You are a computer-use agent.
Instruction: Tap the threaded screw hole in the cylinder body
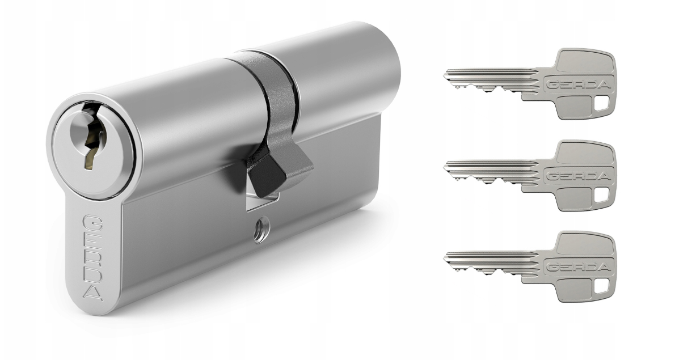pos(261,229)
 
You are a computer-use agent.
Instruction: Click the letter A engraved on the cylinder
pos(93,293)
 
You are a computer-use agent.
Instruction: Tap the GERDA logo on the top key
pos(578,84)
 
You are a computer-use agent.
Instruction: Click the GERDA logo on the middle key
pos(578,176)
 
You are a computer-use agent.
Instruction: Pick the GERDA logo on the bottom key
pos(578,267)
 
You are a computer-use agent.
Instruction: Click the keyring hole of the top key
pos(601,103)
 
